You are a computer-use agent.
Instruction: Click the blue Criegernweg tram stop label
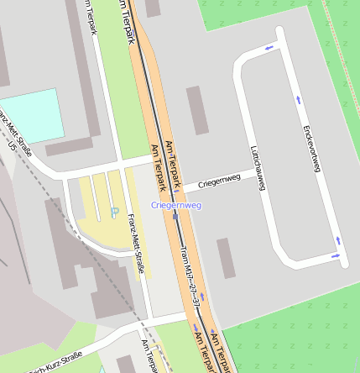(x=176, y=205)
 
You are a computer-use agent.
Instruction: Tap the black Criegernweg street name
(x=219, y=180)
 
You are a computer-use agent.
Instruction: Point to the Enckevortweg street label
(x=311, y=149)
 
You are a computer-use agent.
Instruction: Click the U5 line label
(x=12, y=146)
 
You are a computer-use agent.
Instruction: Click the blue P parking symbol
(x=114, y=213)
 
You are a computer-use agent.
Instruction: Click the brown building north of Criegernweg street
(x=198, y=109)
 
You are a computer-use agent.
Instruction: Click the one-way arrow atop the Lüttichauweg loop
(x=269, y=48)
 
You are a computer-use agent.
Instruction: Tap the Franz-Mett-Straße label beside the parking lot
(x=135, y=244)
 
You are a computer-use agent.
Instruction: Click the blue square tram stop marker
(x=175, y=215)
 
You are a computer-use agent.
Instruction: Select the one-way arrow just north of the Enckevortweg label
(x=298, y=100)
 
